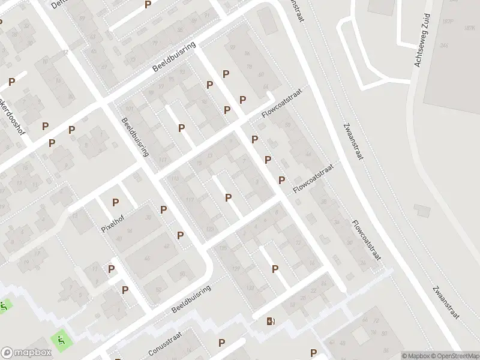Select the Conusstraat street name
pos(164,342)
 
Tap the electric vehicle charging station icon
pos(271,321)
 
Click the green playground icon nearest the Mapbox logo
pos(61,340)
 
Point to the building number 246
pos(443,46)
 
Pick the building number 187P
pos(446,22)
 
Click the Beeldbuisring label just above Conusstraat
pos(192,298)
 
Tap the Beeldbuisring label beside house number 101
pos(135,137)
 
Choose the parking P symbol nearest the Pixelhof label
pos(115,203)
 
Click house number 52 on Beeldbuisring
pos(159,289)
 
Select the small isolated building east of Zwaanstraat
pos(422,210)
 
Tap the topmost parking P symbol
pos(148,5)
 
